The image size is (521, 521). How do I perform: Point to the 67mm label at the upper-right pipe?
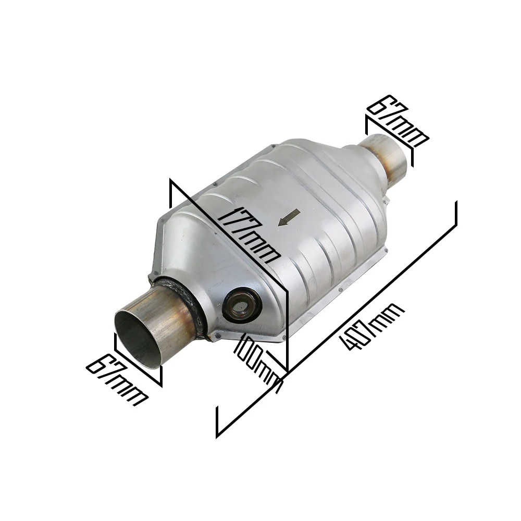click(x=396, y=120)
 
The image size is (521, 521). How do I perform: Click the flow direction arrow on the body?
click(x=289, y=218)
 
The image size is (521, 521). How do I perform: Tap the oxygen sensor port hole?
click(x=242, y=303)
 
